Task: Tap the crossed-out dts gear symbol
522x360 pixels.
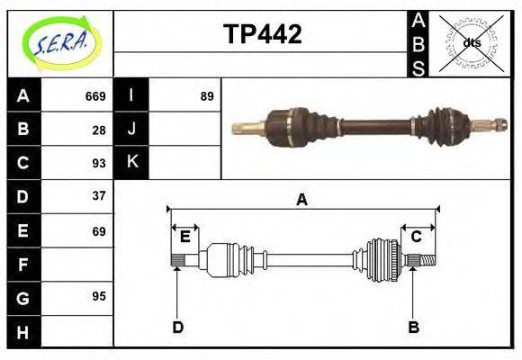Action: [x=472, y=42]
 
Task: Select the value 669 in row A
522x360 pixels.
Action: [x=94, y=96]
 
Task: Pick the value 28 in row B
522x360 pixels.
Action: [x=98, y=130]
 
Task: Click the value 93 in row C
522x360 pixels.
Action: [x=98, y=163]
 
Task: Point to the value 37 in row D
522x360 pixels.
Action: [x=98, y=196]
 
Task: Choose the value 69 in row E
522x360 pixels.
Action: [x=98, y=231]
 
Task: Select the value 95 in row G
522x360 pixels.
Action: [x=98, y=296]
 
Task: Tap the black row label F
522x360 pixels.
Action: [x=23, y=265]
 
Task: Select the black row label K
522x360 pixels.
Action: [x=131, y=163]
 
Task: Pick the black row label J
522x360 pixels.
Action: [x=131, y=130]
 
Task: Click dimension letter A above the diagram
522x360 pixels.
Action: [x=302, y=200]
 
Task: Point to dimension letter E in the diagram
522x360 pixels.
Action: [x=184, y=237]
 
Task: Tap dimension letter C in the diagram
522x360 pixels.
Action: [x=417, y=237]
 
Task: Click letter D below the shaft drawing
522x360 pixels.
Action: [x=177, y=327]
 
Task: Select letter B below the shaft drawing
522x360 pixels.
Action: [x=414, y=327]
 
